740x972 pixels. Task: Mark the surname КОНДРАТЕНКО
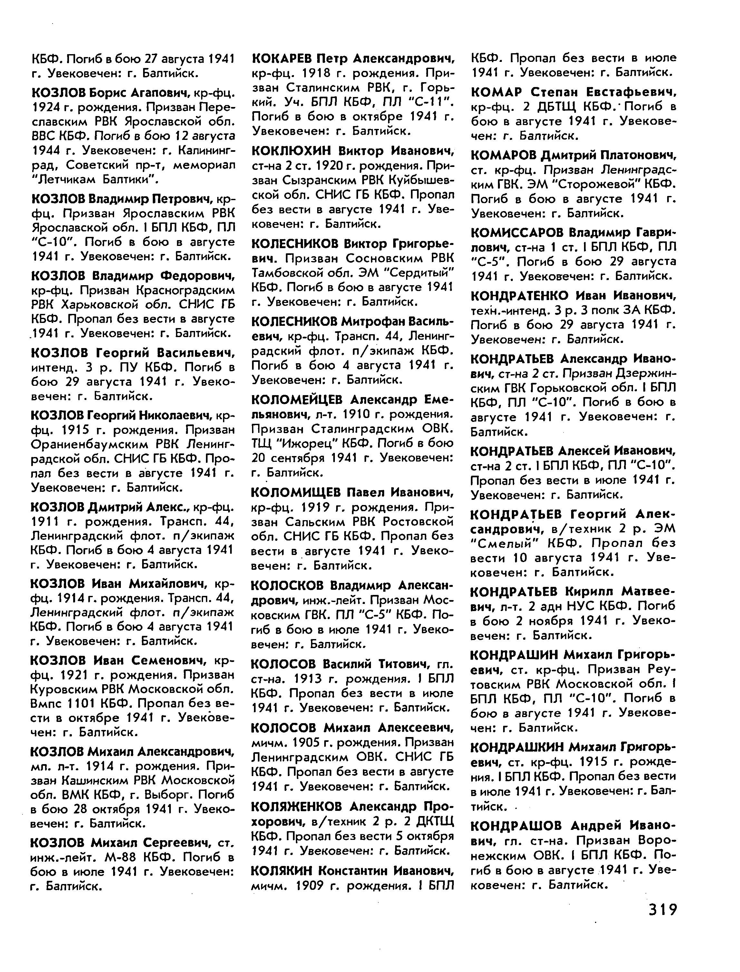[518, 295]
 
